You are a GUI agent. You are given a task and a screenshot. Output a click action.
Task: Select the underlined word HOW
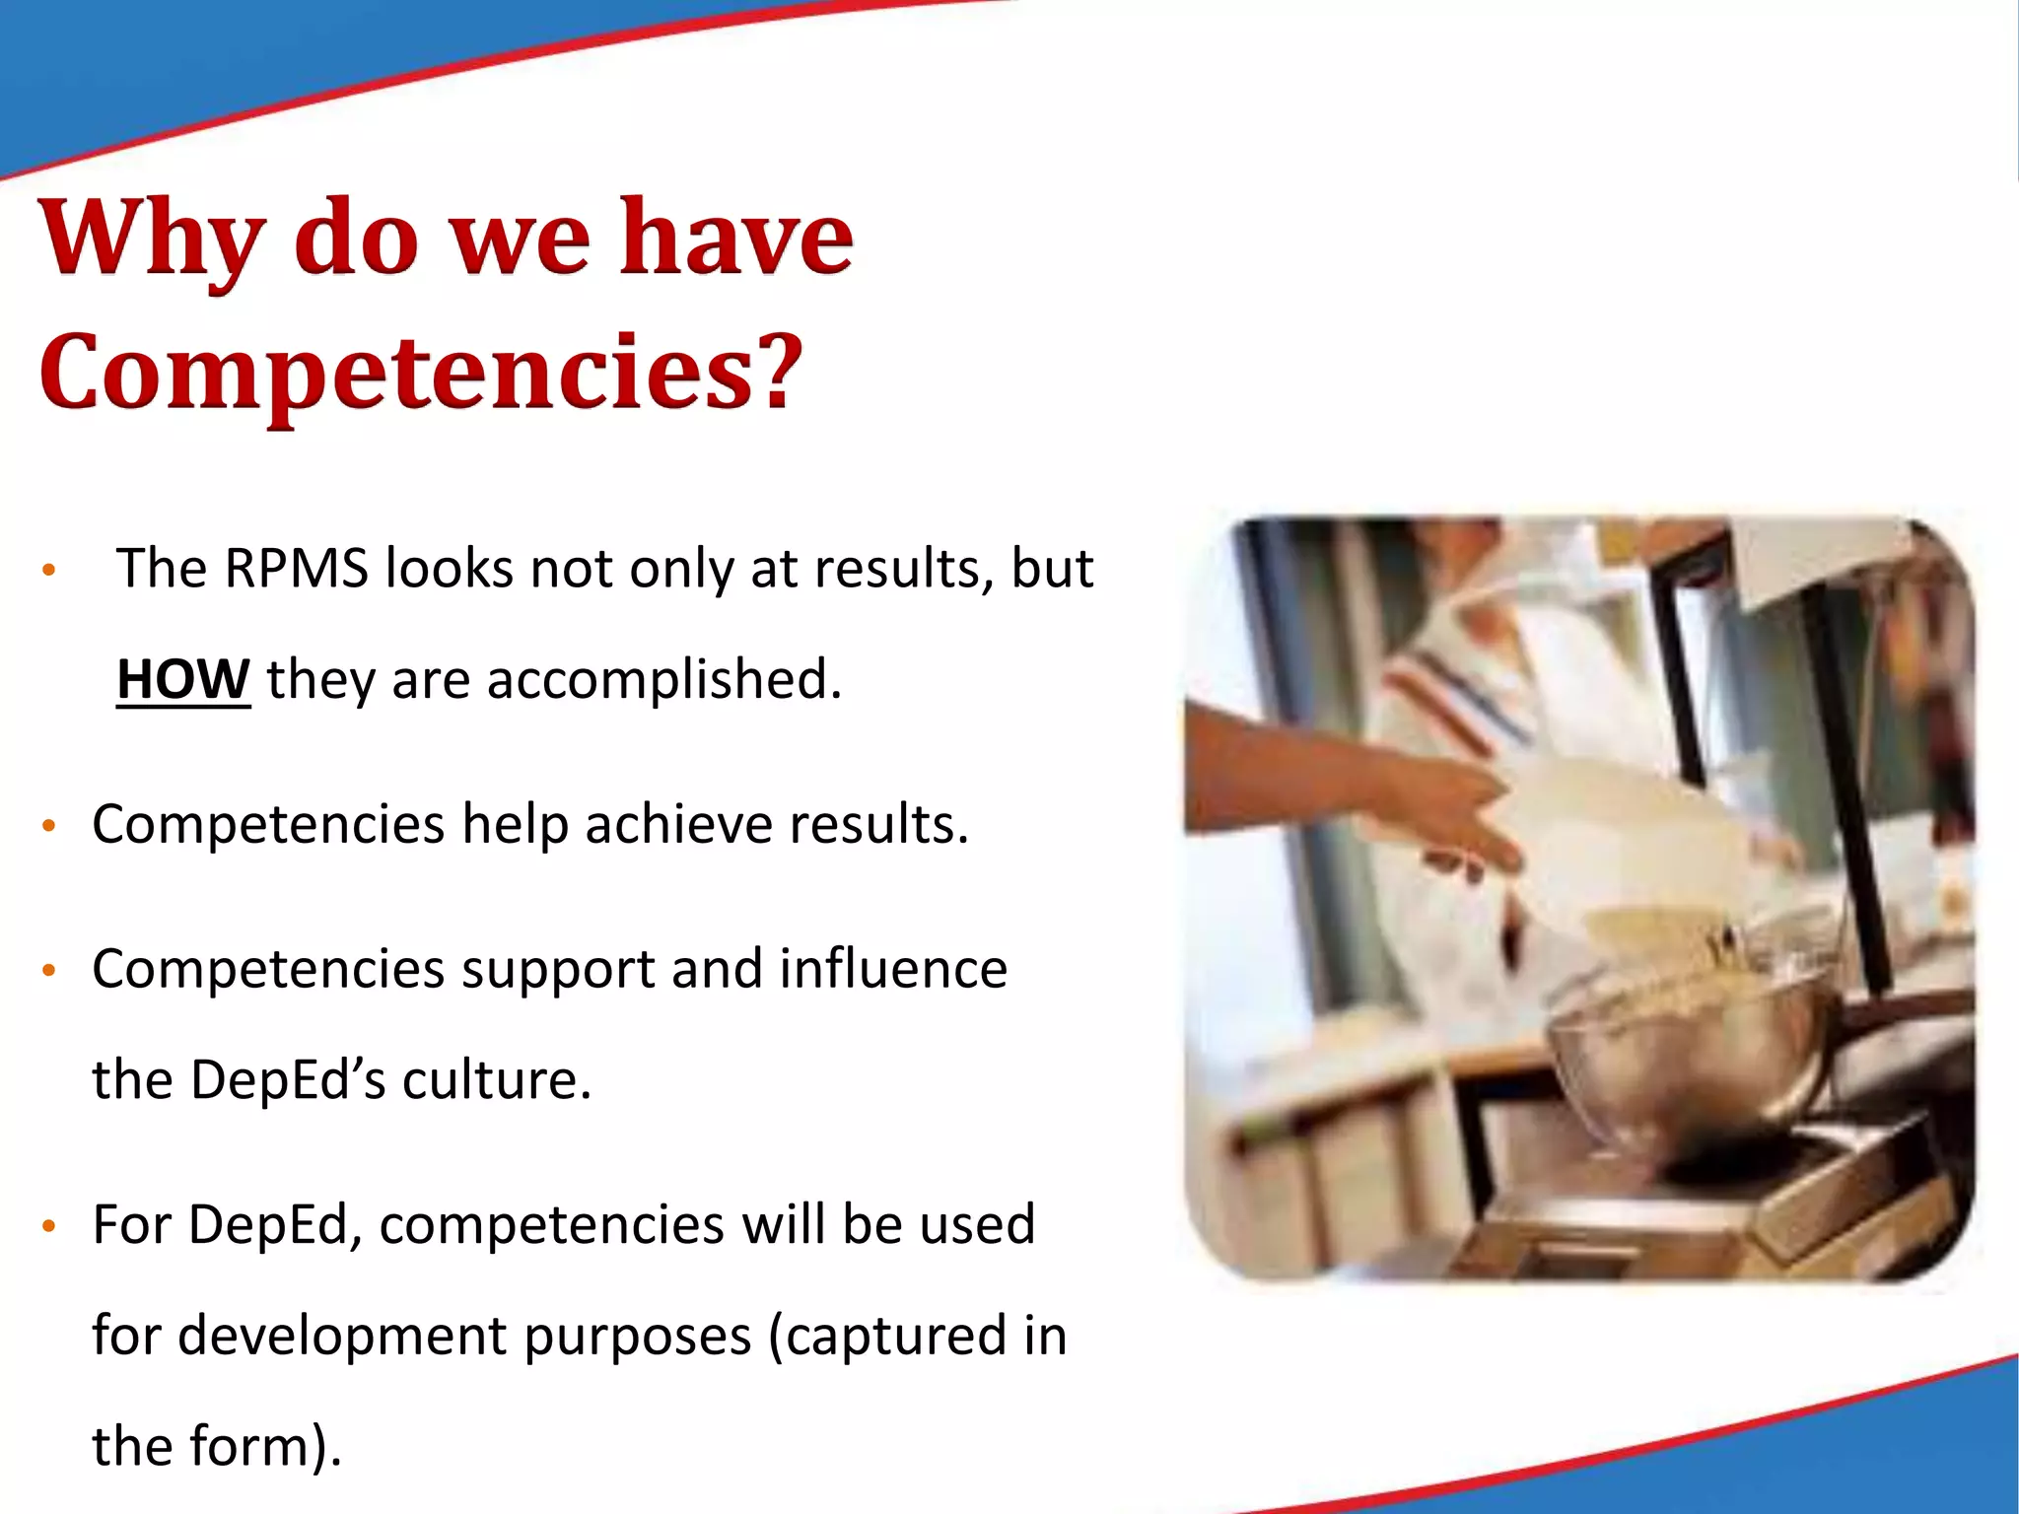coord(183,680)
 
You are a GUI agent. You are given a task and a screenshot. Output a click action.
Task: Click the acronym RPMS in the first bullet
coord(296,569)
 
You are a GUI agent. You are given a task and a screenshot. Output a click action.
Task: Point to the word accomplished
coord(664,680)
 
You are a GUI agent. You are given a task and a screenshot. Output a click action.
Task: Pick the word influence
coord(893,969)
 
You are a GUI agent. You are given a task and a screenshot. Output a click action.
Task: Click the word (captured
coord(888,1337)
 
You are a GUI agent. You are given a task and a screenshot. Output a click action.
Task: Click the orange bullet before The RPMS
coord(48,571)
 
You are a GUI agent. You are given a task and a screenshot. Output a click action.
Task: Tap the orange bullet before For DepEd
coord(48,1227)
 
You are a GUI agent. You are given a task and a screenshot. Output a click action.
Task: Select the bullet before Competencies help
coord(48,826)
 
